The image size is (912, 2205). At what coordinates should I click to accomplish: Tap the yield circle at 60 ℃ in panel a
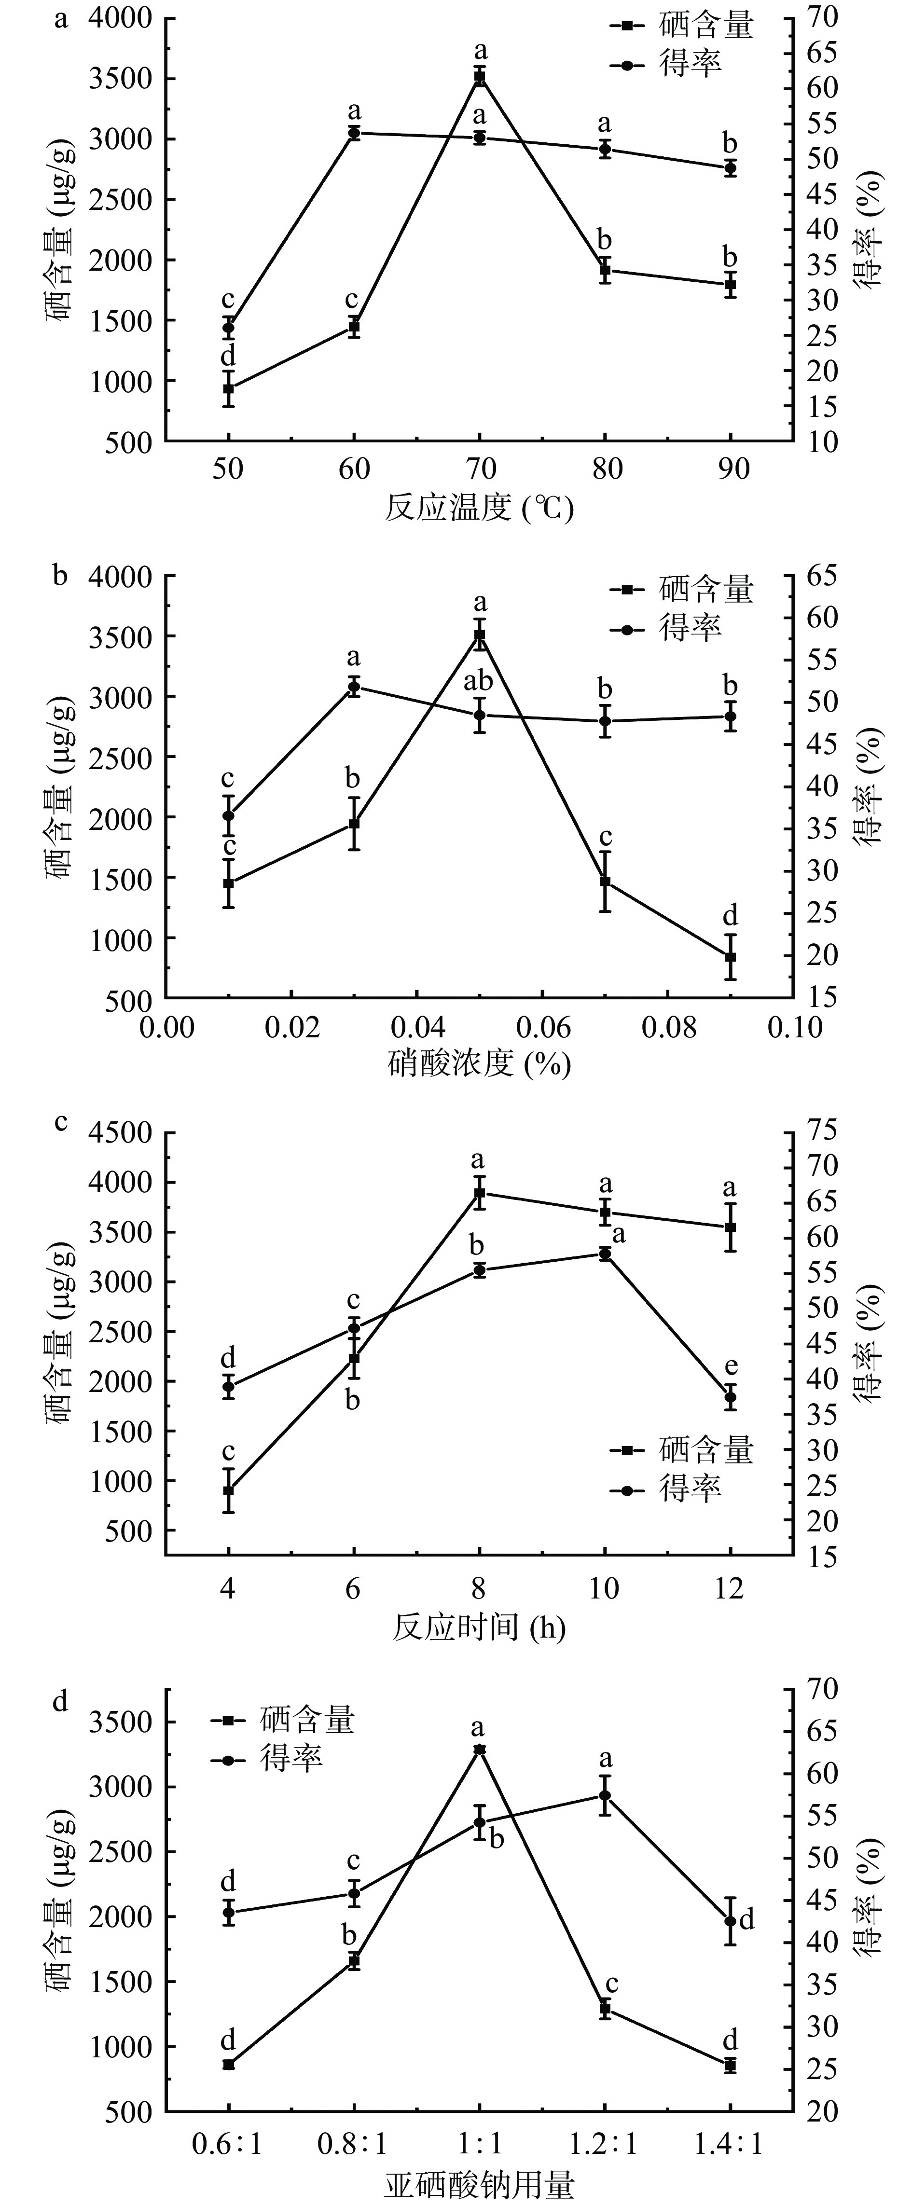(x=354, y=133)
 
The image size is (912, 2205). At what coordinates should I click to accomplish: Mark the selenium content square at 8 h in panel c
(x=480, y=1192)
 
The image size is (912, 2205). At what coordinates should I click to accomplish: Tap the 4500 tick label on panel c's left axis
(x=119, y=1133)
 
